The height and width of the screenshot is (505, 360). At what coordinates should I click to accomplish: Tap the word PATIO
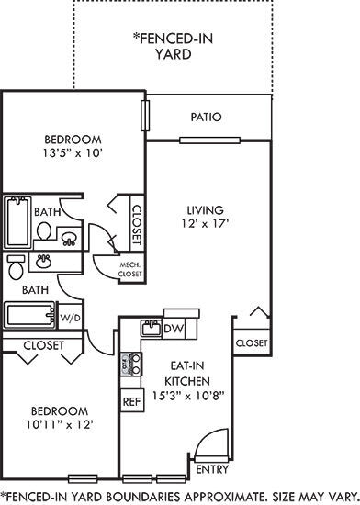click(207, 118)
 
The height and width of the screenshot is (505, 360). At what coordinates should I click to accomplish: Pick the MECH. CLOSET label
click(129, 269)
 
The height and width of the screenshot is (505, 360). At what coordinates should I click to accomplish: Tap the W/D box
click(70, 318)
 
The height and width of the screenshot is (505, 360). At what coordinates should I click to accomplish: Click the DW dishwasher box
click(173, 329)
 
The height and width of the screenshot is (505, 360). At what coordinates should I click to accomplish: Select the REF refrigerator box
click(129, 400)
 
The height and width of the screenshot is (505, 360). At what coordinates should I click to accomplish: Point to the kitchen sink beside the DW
click(149, 329)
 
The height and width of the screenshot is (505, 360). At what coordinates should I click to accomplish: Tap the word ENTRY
click(213, 469)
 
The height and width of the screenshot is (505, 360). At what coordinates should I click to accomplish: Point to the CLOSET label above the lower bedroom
click(43, 345)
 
